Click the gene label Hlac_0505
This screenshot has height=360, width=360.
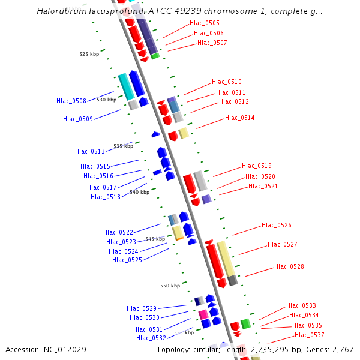205,23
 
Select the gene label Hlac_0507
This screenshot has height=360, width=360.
212,43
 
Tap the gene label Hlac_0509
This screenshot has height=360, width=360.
78,119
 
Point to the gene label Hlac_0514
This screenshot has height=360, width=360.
240,118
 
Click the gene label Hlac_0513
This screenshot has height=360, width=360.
90,151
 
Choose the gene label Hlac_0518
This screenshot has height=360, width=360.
106,197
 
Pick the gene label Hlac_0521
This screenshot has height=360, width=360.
263,186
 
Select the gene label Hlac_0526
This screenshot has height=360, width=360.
277,225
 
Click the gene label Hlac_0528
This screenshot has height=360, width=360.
289,266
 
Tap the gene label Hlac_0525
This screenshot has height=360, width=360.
127,260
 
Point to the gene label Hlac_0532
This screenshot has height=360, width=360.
151,338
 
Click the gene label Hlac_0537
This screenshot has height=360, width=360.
310,335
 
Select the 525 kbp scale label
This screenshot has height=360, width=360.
89,54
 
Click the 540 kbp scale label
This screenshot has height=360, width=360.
139,192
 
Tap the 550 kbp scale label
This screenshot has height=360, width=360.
170,286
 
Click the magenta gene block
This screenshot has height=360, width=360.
203,314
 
